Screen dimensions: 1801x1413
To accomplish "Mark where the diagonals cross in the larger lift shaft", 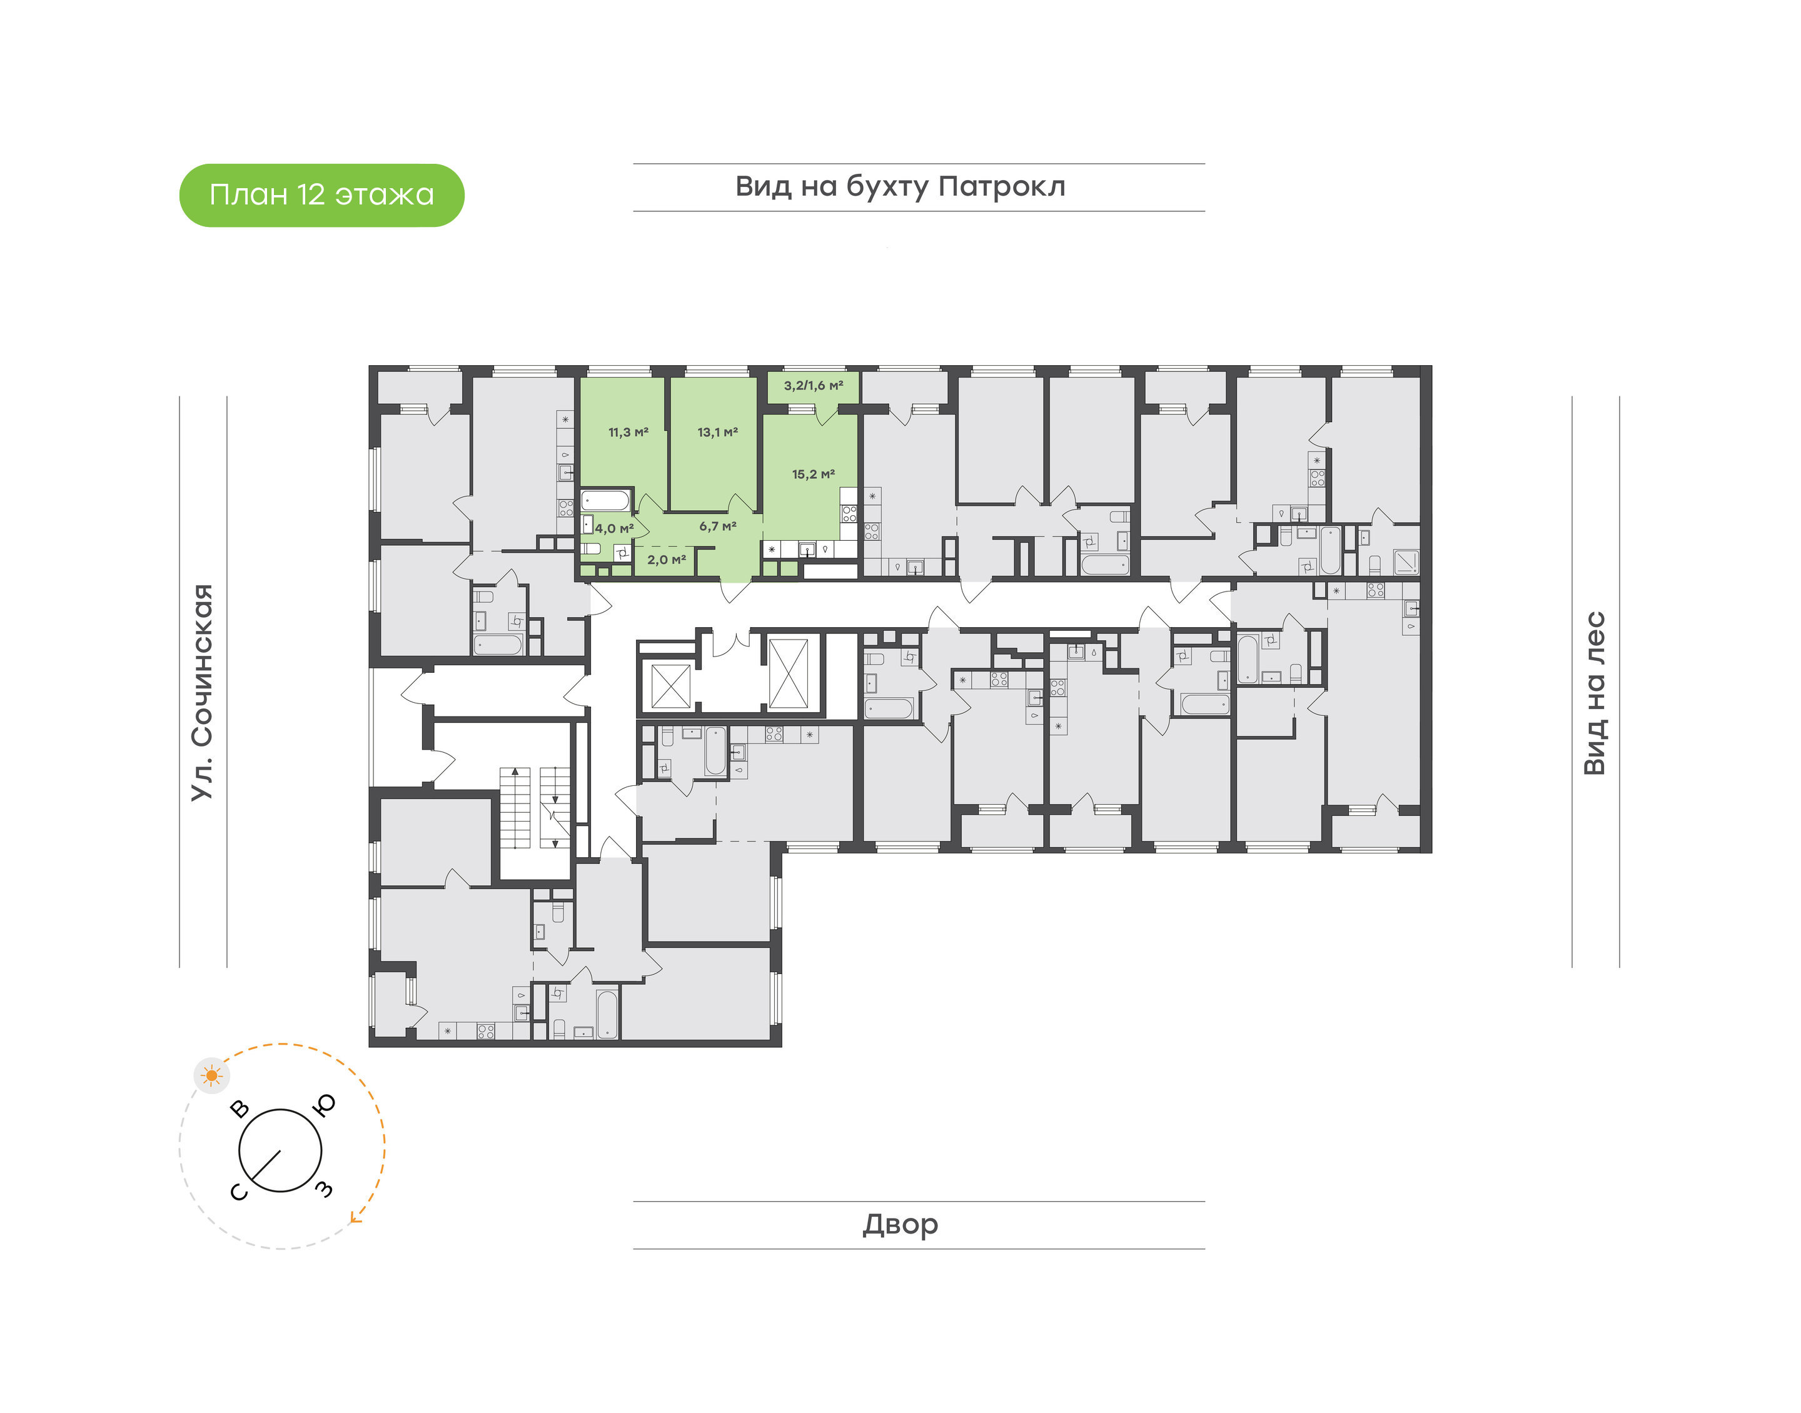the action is (x=789, y=673).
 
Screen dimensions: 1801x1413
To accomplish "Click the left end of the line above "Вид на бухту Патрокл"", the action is (x=633, y=164).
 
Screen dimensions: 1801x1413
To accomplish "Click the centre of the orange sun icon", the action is (x=213, y=1075).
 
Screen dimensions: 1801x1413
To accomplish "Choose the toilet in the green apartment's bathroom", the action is (x=591, y=548).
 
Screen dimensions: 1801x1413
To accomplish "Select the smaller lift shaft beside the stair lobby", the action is (x=671, y=685).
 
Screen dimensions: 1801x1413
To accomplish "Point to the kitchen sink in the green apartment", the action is (x=807, y=548).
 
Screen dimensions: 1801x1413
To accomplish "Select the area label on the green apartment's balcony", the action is (x=813, y=386).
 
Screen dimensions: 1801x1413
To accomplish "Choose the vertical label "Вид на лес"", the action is (x=1594, y=693).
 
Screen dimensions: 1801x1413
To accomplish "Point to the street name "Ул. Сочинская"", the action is (x=203, y=693).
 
